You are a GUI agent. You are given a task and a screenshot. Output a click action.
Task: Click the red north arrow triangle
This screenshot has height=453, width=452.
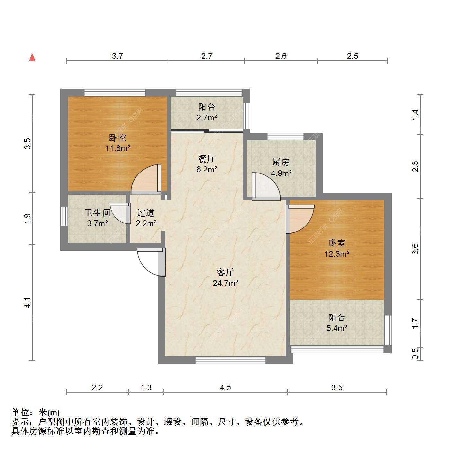(x=32, y=58)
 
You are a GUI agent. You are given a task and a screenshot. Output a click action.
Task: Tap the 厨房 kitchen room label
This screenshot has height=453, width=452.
(x=281, y=163)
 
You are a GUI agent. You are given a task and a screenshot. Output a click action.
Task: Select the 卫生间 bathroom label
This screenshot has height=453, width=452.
(x=97, y=212)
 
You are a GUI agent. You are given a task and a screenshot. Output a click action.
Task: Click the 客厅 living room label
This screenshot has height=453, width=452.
(x=225, y=272)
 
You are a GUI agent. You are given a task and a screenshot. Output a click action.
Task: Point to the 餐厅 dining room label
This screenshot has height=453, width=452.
(x=206, y=159)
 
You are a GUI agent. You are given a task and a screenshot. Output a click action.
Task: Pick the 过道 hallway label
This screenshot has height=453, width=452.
(x=146, y=212)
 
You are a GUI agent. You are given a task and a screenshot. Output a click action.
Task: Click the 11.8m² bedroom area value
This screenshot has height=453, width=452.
(x=117, y=148)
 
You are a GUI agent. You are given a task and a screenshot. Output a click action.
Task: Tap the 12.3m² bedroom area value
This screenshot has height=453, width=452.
(x=337, y=254)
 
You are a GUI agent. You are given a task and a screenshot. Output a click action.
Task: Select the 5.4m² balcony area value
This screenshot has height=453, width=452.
(x=337, y=328)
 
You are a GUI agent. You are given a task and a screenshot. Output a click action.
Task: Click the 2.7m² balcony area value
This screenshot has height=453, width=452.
(x=206, y=118)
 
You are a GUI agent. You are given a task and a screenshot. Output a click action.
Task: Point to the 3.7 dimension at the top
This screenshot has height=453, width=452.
(x=117, y=56)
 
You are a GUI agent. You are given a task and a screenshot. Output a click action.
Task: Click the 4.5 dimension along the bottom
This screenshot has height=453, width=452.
(x=225, y=387)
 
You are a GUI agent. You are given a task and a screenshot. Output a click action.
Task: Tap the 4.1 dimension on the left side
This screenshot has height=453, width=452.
(x=28, y=303)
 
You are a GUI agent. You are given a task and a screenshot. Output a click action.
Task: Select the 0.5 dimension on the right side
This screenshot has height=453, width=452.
(x=415, y=353)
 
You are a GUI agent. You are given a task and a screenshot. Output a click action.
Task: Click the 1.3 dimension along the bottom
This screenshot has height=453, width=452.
(x=146, y=387)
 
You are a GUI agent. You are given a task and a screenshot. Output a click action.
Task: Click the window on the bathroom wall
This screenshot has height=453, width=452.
(x=64, y=216)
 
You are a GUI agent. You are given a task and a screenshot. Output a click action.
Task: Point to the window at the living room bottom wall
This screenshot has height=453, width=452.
(x=230, y=360)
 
